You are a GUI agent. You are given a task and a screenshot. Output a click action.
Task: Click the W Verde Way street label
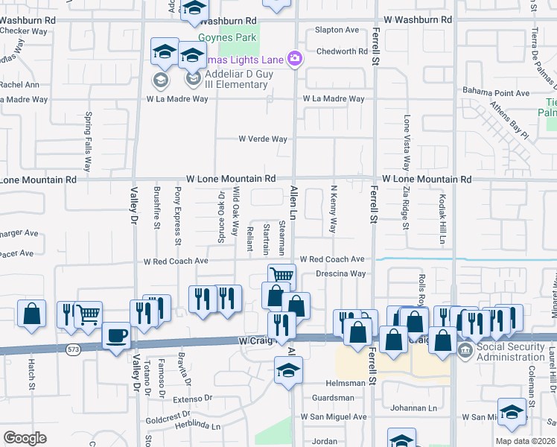click(x=262, y=139)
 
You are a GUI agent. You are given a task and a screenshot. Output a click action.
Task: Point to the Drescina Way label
click(x=340, y=273)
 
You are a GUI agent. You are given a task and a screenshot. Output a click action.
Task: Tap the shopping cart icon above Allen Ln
click(x=281, y=275)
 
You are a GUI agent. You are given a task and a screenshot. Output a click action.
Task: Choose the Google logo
click(x=25, y=437)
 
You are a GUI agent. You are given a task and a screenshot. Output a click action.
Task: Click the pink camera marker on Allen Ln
click(x=295, y=58)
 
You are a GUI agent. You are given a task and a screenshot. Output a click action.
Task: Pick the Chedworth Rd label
click(x=342, y=51)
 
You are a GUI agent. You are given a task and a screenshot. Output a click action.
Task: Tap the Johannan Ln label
click(x=415, y=408)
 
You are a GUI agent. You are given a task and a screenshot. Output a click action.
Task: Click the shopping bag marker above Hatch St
click(x=31, y=313)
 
